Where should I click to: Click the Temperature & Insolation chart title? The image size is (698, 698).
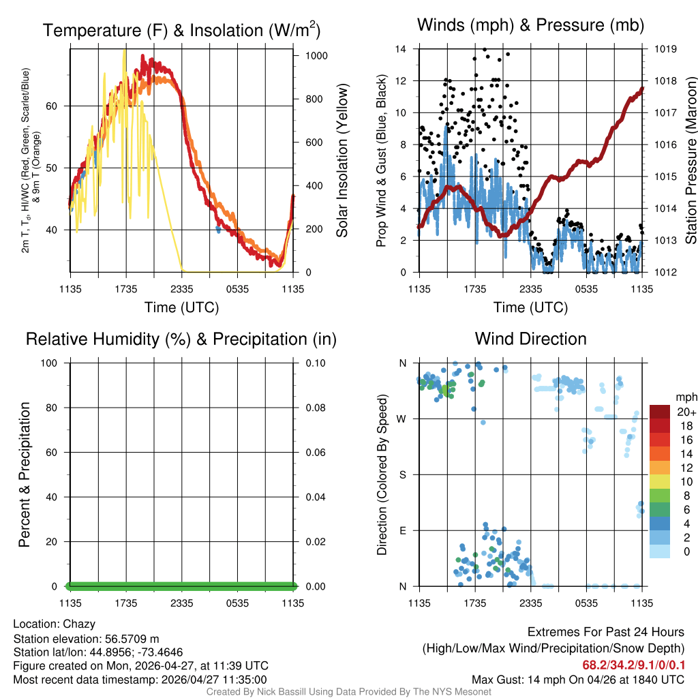click(182, 31)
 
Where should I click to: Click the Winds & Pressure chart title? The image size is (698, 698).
click(530, 26)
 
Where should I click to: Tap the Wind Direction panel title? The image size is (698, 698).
click(530, 339)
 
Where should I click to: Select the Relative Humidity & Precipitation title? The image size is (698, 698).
click(181, 339)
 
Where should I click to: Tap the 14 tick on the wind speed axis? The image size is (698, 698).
click(401, 49)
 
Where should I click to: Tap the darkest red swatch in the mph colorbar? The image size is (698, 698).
click(660, 412)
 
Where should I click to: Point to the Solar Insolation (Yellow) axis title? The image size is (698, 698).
click(342, 160)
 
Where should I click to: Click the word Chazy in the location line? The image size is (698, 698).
click(79, 624)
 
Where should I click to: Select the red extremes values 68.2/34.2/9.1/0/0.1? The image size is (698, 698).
click(633, 665)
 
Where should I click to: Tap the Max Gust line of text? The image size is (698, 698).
click(578, 680)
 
